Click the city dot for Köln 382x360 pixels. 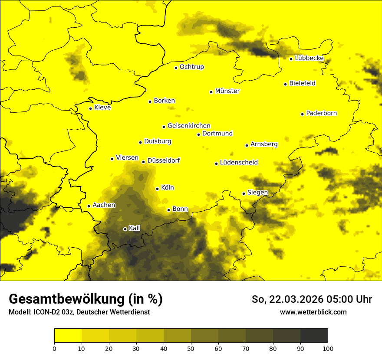point(158,189)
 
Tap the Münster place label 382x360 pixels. point(227,91)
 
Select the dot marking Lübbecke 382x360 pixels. point(291,59)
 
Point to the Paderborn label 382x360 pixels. point(321,113)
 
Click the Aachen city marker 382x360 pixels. point(89,206)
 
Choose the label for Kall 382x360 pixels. point(135,228)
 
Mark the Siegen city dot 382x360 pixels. point(244,193)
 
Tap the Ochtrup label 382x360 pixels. point(191,67)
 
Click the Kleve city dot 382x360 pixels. point(91,108)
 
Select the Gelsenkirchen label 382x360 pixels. point(189,126)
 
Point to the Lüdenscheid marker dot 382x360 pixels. point(216,164)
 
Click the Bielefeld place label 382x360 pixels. point(302,83)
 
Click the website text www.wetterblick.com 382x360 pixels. point(313,312)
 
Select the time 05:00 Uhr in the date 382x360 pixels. point(345,299)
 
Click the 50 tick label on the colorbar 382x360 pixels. point(191,348)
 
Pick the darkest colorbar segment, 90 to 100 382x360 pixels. point(314,336)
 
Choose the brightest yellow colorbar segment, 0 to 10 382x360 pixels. point(68,336)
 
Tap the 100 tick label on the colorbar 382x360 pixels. point(328,348)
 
